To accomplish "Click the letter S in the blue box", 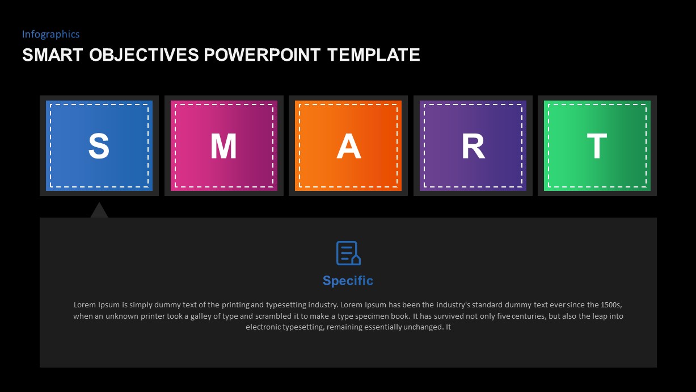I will tap(99, 147).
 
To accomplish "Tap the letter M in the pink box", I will tap(223, 147).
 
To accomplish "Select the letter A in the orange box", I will tap(348, 147).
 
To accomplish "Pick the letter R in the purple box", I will tap(473, 147).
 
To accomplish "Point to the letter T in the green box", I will tap(597, 147).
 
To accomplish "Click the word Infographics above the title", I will tap(50, 34).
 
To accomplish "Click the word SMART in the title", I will tap(53, 55).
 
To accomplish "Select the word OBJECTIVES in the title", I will tap(144, 55).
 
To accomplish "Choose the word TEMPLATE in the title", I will tap(374, 55).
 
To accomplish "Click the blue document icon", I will tap(348, 253).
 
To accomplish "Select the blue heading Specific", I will tap(348, 281).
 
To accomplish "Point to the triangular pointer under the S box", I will tap(99, 211).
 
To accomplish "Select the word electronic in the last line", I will tap(263, 327).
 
